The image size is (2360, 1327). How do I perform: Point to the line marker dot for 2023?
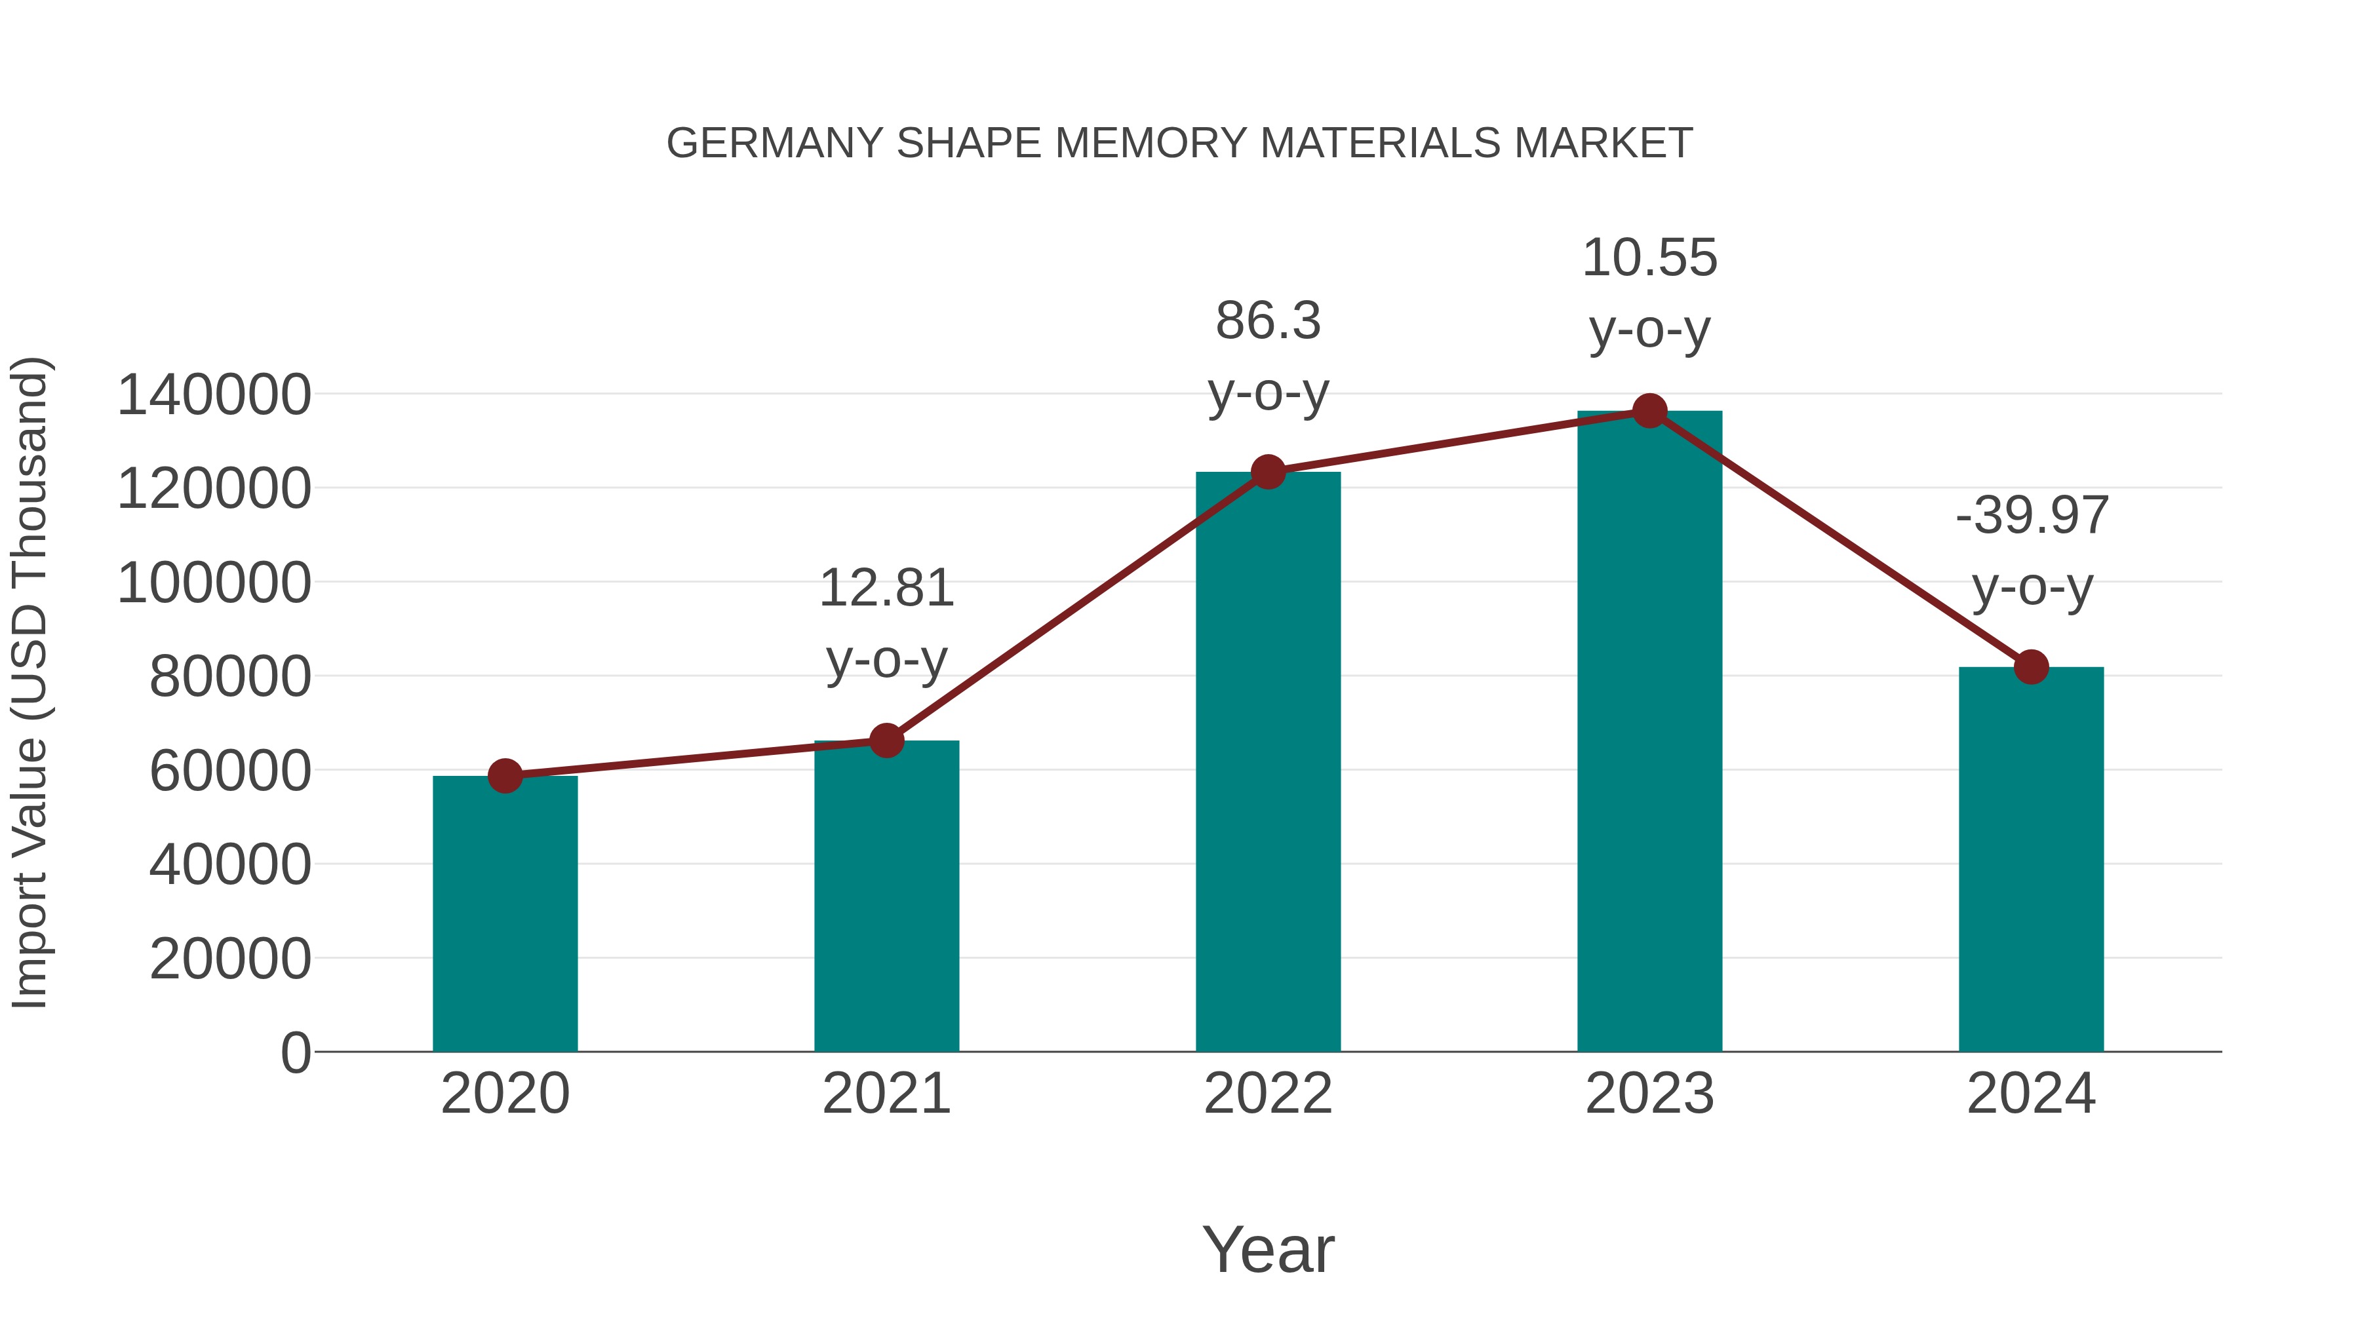pyautogui.click(x=1650, y=411)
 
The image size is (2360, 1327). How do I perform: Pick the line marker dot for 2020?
pyautogui.click(x=505, y=776)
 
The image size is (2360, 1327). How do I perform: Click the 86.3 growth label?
pyautogui.click(x=1268, y=322)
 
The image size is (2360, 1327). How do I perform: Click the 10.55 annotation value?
pyautogui.click(x=1650, y=258)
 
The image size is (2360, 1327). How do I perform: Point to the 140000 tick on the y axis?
pyautogui.click(x=214, y=396)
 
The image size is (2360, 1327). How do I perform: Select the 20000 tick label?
pyautogui.click(x=230, y=960)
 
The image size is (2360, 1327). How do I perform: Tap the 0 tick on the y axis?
pyautogui.click(x=296, y=1053)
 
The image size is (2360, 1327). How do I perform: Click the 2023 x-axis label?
pyautogui.click(x=1650, y=1094)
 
